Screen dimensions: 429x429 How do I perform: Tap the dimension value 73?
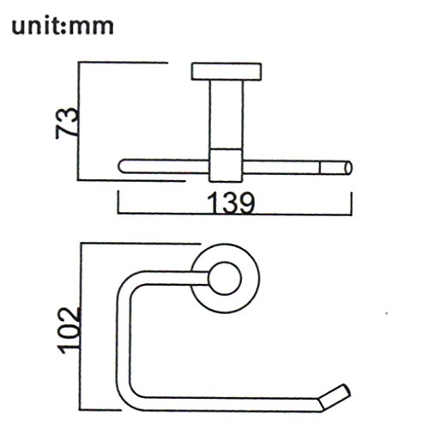click(67, 123)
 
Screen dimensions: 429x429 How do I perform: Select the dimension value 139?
click(231, 202)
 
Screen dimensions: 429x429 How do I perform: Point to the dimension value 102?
click(68, 330)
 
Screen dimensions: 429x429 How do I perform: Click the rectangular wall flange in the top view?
click(227, 71)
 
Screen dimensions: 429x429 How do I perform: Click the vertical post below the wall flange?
click(227, 114)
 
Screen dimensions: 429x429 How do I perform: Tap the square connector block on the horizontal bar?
click(226, 165)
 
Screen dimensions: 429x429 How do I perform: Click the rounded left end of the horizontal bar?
click(124, 166)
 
